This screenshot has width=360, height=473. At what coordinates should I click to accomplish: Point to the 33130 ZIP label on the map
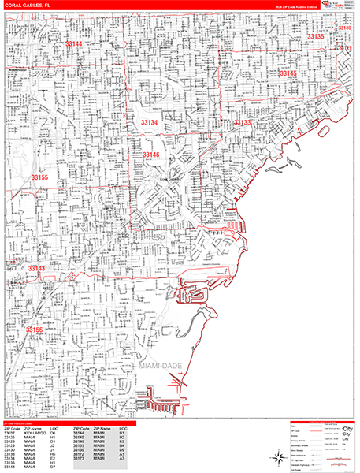343,28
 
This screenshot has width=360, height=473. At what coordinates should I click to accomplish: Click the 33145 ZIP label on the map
288,73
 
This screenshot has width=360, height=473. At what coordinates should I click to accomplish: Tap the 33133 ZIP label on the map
241,123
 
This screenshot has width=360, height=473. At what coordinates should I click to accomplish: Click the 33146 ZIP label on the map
151,155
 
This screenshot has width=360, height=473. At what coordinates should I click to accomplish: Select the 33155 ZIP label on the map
39,178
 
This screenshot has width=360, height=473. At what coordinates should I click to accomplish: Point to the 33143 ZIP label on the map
37,269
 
